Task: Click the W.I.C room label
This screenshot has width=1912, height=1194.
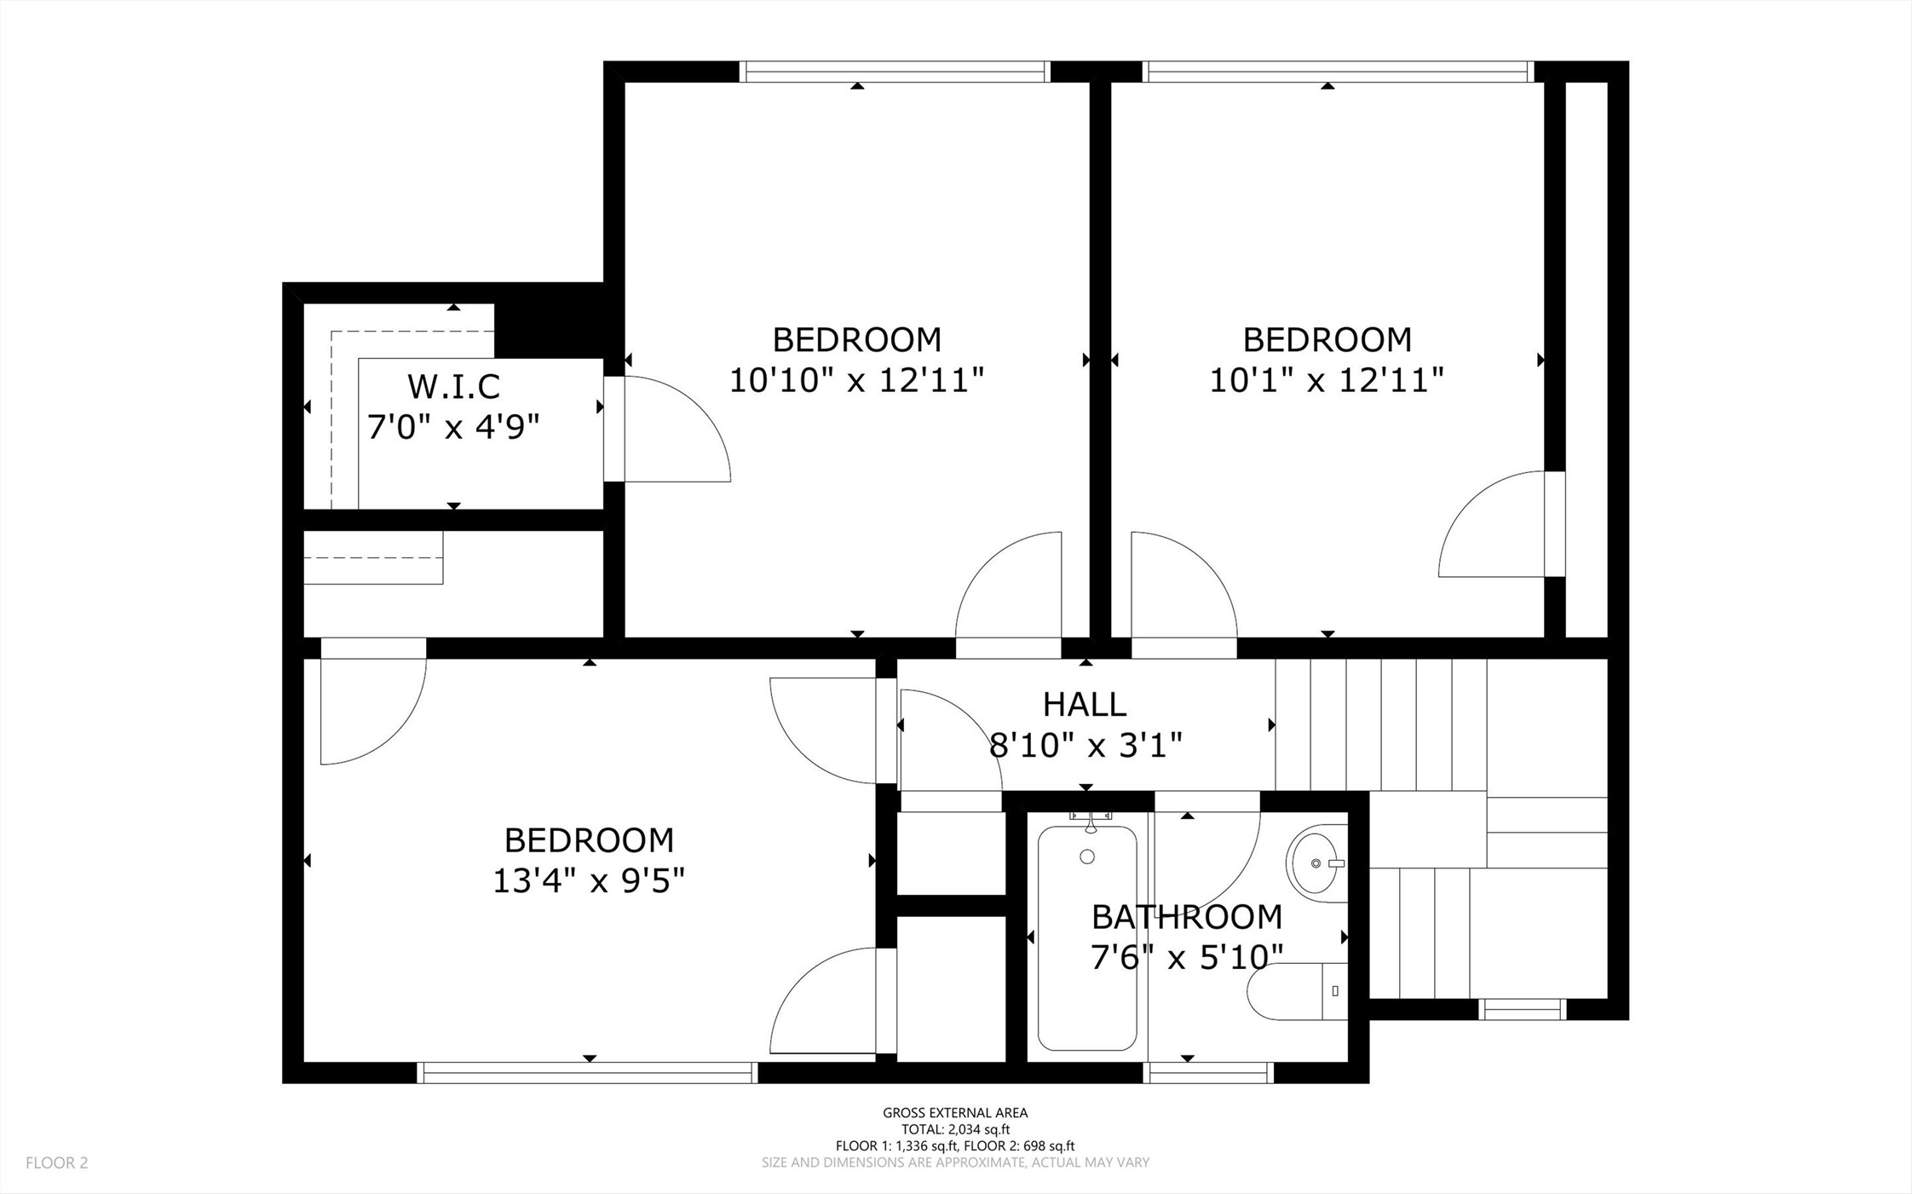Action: tap(453, 387)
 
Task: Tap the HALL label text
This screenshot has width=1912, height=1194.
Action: tap(1085, 705)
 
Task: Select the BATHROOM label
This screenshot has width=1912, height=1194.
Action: tap(1187, 917)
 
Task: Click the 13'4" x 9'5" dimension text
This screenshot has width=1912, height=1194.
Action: tap(589, 880)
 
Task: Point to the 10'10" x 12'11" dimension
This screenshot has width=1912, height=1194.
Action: tap(856, 379)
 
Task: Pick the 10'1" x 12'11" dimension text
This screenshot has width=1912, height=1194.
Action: tap(1327, 379)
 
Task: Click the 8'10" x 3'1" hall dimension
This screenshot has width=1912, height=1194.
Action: tap(1085, 746)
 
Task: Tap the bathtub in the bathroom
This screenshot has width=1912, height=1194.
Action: tap(1087, 938)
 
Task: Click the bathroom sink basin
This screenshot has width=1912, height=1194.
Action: tap(1316, 862)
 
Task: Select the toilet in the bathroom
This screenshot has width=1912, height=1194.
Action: tap(1297, 991)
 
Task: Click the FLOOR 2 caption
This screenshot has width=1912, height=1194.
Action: tap(57, 1162)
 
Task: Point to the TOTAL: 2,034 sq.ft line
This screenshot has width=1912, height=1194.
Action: tap(955, 1129)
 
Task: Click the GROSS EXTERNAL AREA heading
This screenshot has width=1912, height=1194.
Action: tap(955, 1112)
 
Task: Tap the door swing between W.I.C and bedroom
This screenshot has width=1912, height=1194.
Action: tap(677, 429)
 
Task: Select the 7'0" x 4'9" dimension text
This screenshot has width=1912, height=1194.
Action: tap(453, 426)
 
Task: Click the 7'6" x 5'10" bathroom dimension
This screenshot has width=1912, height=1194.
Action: tap(1187, 957)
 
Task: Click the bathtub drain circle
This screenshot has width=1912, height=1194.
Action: tap(1087, 857)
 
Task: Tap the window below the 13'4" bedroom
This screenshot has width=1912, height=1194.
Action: tap(587, 1072)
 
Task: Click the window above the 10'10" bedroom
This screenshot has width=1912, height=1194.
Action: tap(895, 72)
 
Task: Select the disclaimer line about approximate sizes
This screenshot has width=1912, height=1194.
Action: tap(955, 1162)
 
